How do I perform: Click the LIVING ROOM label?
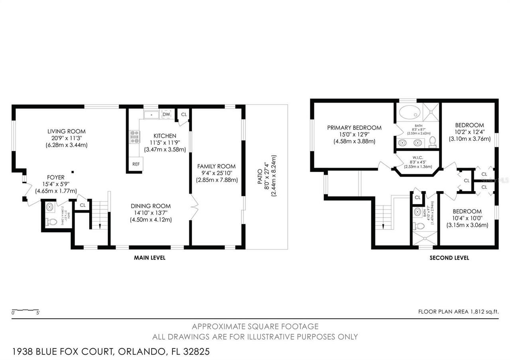click(x=67, y=131)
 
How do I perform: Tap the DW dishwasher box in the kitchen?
click(x=167, y=114)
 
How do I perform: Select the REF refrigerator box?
click(x=135, y=164)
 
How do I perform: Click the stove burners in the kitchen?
click(x=134, y=137)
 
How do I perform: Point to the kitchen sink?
click(x=151, y=115)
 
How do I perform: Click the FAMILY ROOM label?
click(x=216, y=166)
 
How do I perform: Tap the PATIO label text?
click(x=260, y=176)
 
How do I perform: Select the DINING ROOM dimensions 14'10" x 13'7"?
click(x=151, y=213)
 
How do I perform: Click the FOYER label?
click(x=56, y=177)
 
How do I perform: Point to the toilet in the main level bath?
click(x=51, y=221)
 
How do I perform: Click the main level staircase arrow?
click(x=100, y=226)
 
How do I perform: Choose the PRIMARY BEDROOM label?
click(x=354, y=128)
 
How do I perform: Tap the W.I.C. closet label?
click(x=418, y=157)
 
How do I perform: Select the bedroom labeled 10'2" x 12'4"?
click(x=469, y=125)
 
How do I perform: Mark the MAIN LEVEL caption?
click(x=149, y=258)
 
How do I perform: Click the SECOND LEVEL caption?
click(x=449, y=258)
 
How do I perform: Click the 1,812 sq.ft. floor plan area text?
click(x=458, y=312)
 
